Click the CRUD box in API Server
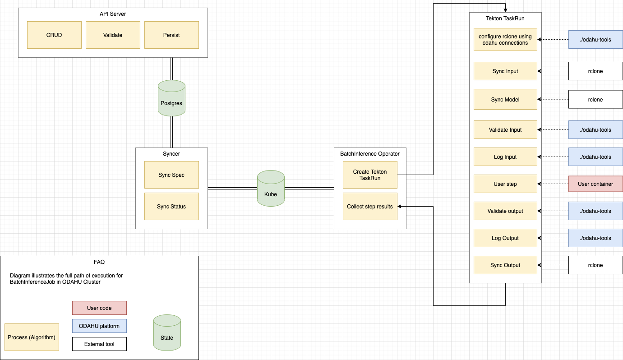point(54,35)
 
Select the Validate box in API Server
point(113,35)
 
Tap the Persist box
point(171,35)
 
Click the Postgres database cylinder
point(171,98)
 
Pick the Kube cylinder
point(271,189)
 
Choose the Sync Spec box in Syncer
point(171,175)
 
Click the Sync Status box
point(171,207)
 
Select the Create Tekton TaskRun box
point(370,175)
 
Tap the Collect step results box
point(370,207)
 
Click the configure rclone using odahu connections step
point(505,40)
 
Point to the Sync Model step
point(505,99)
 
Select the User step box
point(505,184)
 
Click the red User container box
point(595,184)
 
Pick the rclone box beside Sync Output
point(595,265)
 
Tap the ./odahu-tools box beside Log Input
point(595,157)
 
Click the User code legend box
point(99,308)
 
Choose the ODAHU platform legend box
point(99,326)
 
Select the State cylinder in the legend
point(167,333)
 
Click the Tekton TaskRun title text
point(505,18)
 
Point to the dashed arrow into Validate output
point(553,211)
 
